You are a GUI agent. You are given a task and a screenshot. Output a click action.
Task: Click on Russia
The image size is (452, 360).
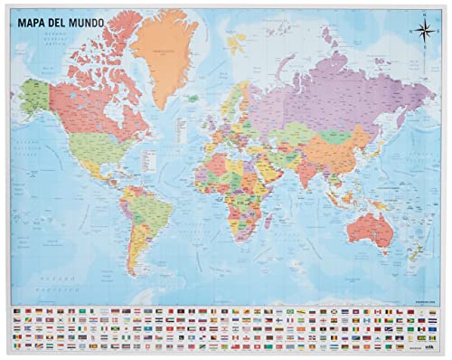click(x=334, y=90)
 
